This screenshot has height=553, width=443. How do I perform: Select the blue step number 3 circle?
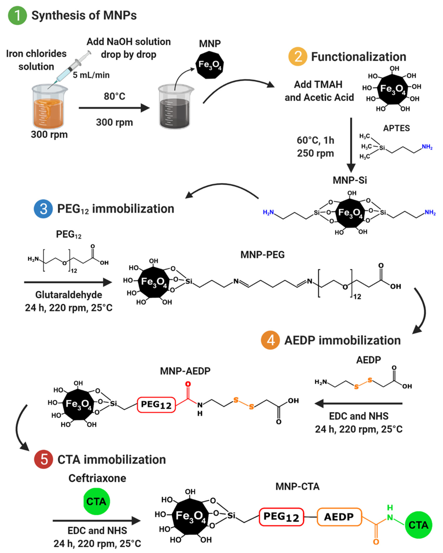tap(43, 209)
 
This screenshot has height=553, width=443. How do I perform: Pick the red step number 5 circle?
tap(44, 459)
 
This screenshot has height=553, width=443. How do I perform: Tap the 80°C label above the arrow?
tap(114, 96)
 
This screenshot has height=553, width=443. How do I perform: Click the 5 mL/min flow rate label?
tap(91, 75)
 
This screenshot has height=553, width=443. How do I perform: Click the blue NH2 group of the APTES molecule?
tap(427, 147)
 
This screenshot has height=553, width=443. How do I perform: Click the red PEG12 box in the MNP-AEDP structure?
tap(156, 405)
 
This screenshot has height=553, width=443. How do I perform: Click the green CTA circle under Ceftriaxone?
tap(96, 501)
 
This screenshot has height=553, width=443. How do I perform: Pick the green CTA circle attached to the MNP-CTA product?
tap(418, 525)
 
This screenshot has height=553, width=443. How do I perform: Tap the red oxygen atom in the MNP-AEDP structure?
tap(188, 384)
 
